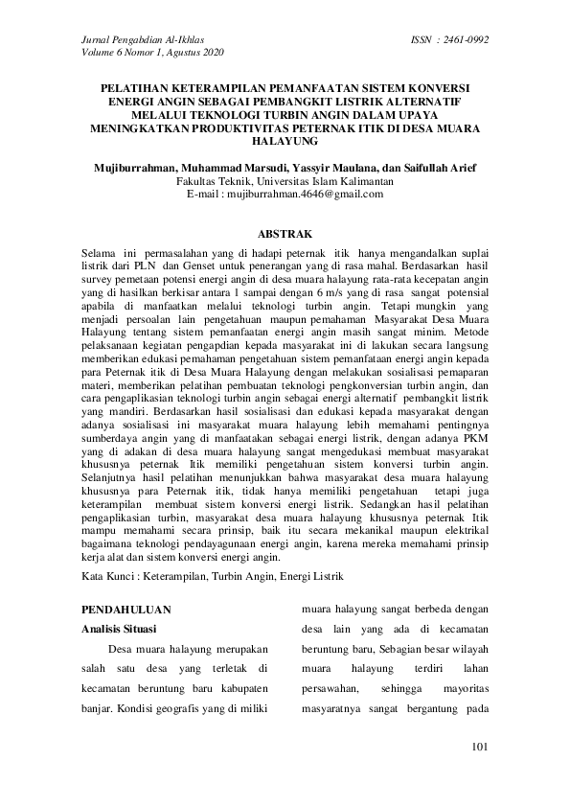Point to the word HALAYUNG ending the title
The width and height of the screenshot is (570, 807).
[285, 140]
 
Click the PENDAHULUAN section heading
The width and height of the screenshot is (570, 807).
[126, 609]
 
